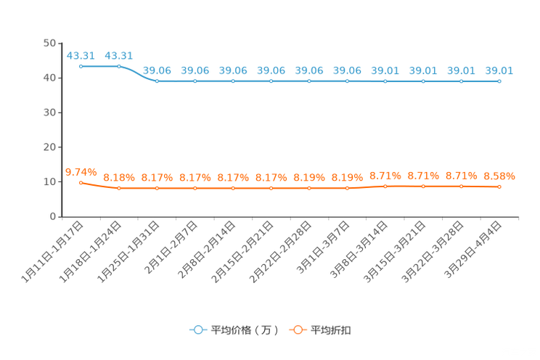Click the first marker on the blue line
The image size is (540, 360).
(x=81, y=66)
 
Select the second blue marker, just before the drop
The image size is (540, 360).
(x=119, y=66)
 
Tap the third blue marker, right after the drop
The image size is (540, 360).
(x=157, y=81)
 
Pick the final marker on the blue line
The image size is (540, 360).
(x=499, y=81)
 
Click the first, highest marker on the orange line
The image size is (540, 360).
(x=81, y=183)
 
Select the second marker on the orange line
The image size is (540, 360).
(x=119, y=189)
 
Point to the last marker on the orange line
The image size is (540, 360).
(x=499, y=187)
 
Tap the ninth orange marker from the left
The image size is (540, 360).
(x=385, y=187)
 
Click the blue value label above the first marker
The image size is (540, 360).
(x=81, y=55)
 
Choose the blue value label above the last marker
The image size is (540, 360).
(x=499, y=70)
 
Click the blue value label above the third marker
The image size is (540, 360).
(x=157, y=70)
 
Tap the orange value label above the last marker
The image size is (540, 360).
(x=499, y=176)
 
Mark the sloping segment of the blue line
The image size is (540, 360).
(x=138, y=73)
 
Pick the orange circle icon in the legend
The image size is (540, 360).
(x=297, y=330)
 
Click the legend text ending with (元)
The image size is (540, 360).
(x=245, y=330)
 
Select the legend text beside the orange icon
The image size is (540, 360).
(x=332, y=330)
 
